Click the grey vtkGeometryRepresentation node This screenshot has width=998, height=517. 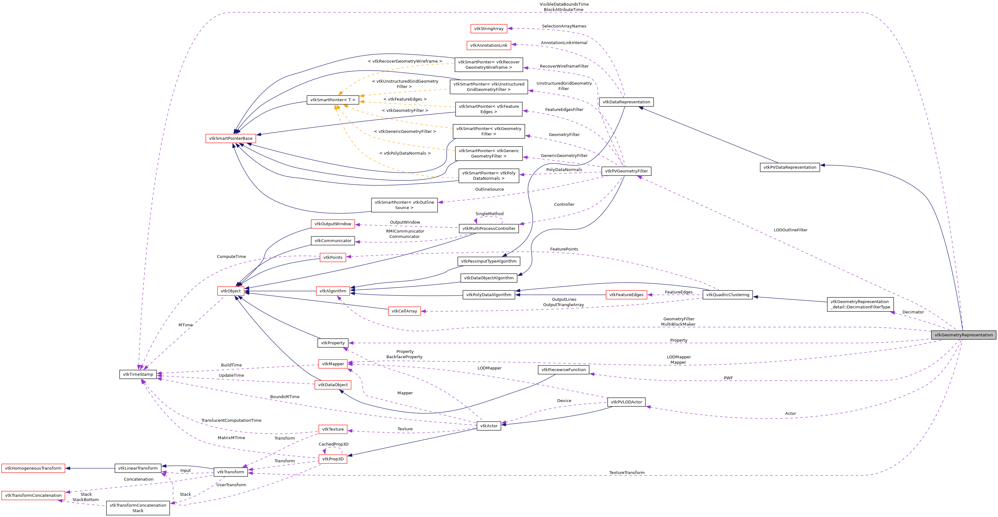[x=963, y=335]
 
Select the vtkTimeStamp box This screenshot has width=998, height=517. [x=138, y=374]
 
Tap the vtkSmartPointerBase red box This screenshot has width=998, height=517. [x=231, y=138]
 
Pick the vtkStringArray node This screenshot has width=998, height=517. [x=489, y=29]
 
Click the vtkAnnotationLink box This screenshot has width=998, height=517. [x=489, y=45]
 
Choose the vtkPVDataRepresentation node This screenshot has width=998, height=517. [x=790, y=168]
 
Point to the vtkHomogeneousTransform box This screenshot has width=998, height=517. [x=33, y=468]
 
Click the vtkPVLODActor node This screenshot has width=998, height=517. [x=626, y=402]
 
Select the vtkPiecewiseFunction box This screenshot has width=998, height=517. [x=563, y=370]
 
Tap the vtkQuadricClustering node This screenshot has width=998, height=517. [x=727, y=295]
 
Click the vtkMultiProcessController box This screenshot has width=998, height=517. [x=489, y=229]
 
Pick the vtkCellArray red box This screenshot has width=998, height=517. [x=404, y=311]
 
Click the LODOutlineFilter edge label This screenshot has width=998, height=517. [x=790, y=230]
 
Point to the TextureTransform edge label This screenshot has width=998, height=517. [x=627, y=473]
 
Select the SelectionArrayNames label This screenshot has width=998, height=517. [x=564, y=26]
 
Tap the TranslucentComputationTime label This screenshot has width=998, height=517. [x=231, y=421]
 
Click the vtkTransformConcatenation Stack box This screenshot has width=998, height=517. [x=138, y=508]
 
